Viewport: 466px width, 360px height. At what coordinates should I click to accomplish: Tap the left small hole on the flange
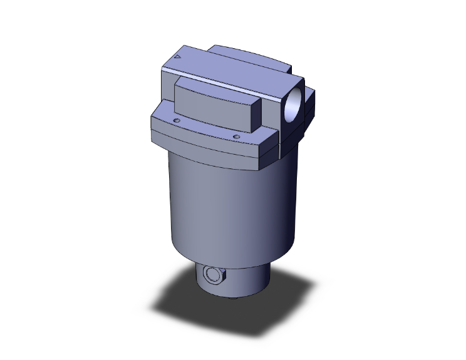tap(177, 120)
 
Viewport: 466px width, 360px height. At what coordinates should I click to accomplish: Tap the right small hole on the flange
tap(236, 136)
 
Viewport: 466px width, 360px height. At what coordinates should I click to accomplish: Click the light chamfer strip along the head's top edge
tap(232, 81)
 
